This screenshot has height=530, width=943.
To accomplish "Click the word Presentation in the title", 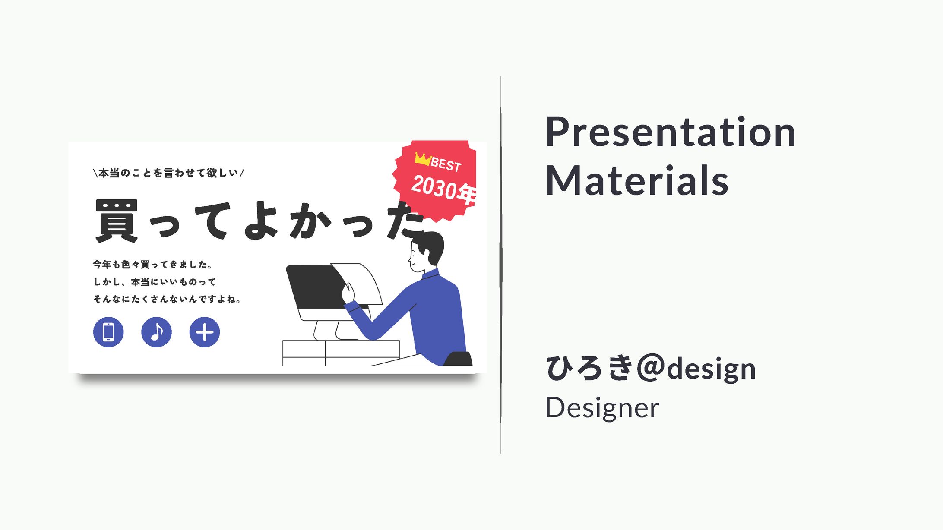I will [x=670, y=132].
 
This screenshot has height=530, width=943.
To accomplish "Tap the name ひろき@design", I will [x=651, y=369].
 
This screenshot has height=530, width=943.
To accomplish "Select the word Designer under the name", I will [x=602, y=407].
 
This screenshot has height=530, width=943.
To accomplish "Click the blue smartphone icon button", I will [x=108, y=332].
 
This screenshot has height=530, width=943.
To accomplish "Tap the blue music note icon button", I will [x=156, y=332].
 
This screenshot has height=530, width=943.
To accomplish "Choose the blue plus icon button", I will [x=205, y=332].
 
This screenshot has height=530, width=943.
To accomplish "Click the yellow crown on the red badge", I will [x=422, y=159].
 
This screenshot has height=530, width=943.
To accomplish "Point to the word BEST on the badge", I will [x=446, y=164].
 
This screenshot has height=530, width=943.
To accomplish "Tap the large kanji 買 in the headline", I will [x=117, y=220].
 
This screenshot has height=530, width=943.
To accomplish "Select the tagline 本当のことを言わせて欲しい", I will [x=168, y=173].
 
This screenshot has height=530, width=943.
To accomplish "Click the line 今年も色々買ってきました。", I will [x=152, y=264].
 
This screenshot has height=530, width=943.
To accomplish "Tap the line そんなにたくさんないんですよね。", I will [x=167, y=299].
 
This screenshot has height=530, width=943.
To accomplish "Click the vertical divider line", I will [x=501, y=265].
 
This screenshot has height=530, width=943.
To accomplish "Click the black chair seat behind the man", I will [x=459, y=359].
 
